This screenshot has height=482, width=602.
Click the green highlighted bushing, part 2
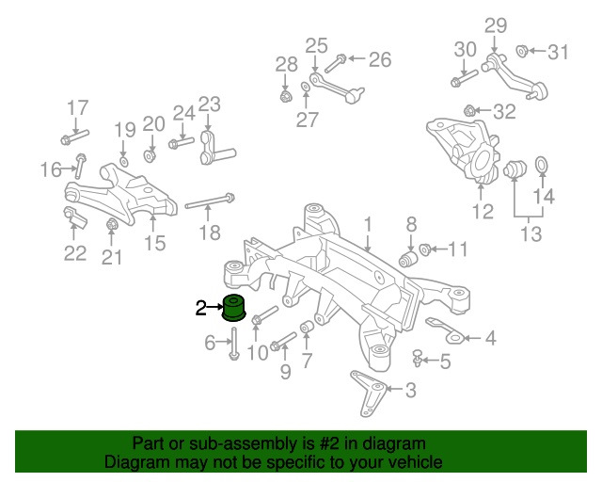pyautogui.click(x=233, y=307)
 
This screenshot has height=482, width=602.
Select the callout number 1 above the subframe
pyautogui.click(x=369, y=225)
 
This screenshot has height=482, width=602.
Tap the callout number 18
pyautogui.click(x=210, y=233)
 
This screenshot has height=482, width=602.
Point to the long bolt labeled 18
pyautogui.click(x=209, y=201)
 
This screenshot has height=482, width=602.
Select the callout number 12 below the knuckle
pyautogui.click(x=482, y=212)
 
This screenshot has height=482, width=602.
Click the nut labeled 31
pyautogui.click(x=523, y=51)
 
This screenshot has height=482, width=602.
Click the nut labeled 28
pyautogui.click(x=286, y=94)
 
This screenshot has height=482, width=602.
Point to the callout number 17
pyautogui.click(x=76, y=106)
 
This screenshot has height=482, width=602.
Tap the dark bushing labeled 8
pyautogui.click(x=409, y=257)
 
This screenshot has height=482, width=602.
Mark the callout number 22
pyautogui.click(x=74, y=252)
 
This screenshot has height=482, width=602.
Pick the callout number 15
pyautogui.click(x=154, y=243)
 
